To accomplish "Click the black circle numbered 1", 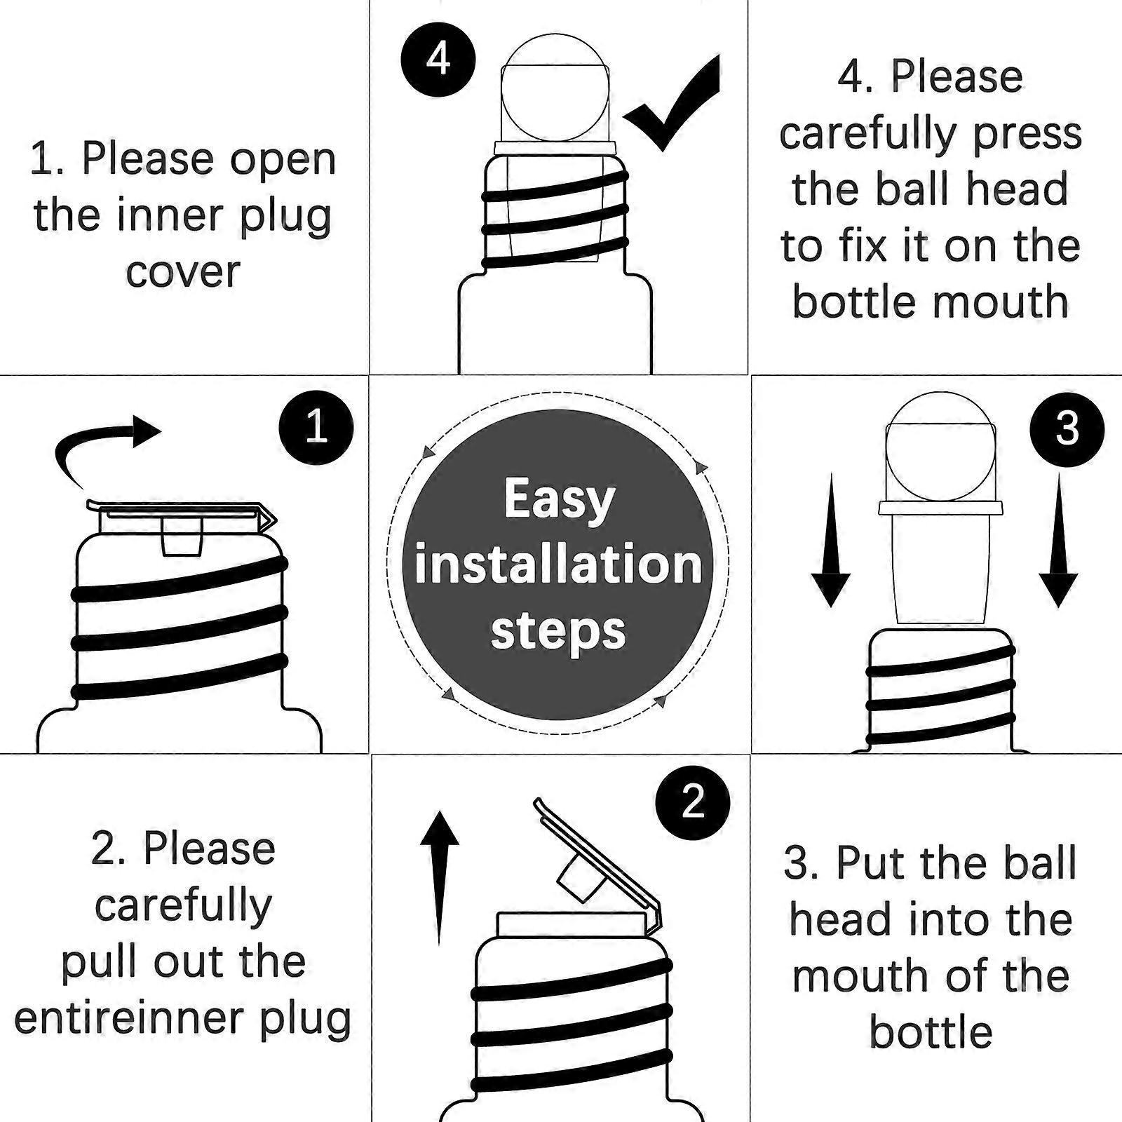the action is pyautogui.click(x=316, y=427).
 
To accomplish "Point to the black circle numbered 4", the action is pyautogui.click(x=438, y=59).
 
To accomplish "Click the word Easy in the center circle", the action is pyautogui.click(x=559, y=500).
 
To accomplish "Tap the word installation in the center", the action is pyautogui.click(x=559, y=565).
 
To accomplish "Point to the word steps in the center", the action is pyautogui.click(x=559, y=631).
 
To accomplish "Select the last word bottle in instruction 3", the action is pyautogui.click(x=931, y=1032).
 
